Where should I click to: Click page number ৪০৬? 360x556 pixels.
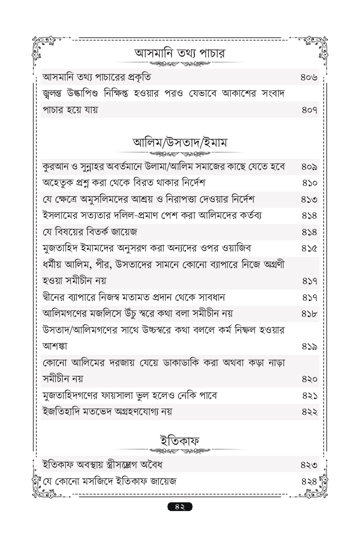[x=308, y=78]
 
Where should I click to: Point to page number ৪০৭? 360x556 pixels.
[x=308, y=110]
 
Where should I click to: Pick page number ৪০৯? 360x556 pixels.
[x=308, y=167]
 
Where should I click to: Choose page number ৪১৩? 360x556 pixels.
[x=308, y=199]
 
